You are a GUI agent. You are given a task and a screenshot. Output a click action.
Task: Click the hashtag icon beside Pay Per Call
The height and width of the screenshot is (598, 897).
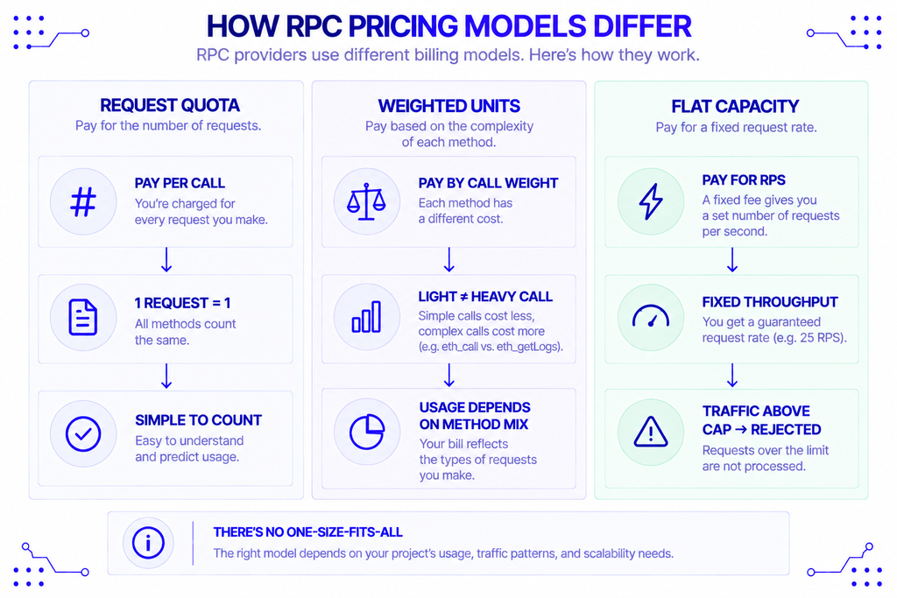point(83,201)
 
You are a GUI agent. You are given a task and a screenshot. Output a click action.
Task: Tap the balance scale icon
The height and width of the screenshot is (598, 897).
point(366,201)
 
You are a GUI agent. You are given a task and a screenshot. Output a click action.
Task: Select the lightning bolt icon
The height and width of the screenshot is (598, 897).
point(651,201)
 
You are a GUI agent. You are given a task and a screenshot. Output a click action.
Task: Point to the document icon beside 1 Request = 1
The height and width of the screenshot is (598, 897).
point(83,317)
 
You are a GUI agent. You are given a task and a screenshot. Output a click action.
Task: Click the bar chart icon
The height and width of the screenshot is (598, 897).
point(366,317)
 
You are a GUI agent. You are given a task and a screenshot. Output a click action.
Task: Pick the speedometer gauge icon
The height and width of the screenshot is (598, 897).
point(651,315)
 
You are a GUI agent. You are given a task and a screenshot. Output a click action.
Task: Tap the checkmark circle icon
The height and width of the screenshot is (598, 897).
point(83,433)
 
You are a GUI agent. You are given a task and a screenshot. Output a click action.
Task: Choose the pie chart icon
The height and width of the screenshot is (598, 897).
point(367,432)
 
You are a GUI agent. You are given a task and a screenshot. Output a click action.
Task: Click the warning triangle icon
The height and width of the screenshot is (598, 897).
point(651,432)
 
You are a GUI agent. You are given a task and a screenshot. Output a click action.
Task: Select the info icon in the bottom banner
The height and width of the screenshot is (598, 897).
point(148,543)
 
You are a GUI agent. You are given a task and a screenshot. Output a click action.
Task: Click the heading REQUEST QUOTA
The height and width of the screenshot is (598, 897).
point(170,105)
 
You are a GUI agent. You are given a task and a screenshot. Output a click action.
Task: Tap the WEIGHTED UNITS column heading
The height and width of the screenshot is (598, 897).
point(449,106)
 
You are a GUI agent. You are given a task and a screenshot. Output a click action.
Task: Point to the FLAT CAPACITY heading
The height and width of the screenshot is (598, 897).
point(735,106)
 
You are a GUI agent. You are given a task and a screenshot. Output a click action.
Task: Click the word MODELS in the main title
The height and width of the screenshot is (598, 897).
point(526,26)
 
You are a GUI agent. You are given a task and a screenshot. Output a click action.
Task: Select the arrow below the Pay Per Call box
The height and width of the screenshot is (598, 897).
point(166,259)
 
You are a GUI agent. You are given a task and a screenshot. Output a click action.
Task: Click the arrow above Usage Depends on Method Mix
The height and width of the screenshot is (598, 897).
point(449,375)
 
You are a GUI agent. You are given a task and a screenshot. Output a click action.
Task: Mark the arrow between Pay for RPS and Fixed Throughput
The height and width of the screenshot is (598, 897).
point(732,259)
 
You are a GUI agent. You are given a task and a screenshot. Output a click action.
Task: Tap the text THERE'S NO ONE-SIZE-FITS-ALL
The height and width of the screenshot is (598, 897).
point(307,532)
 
